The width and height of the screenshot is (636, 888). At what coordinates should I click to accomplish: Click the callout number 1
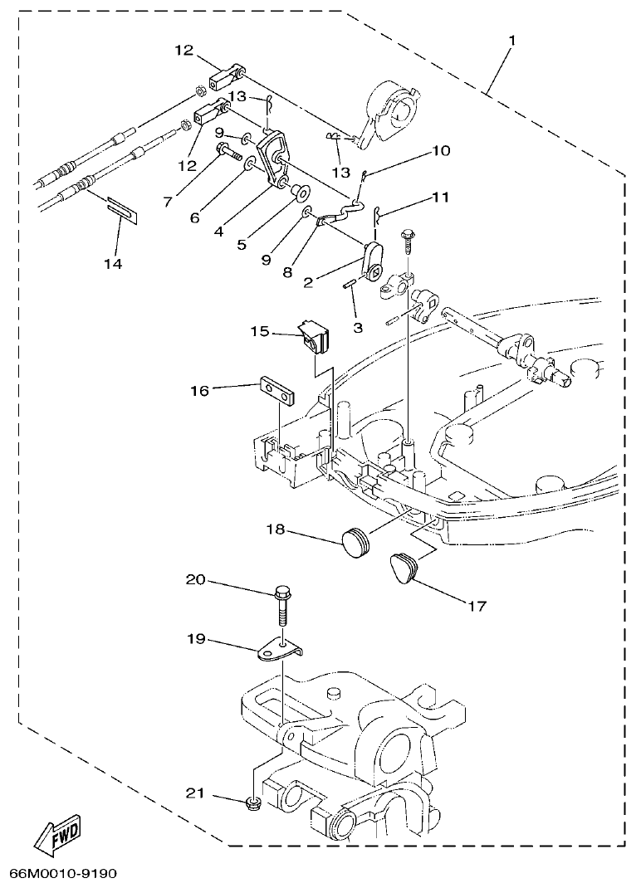pos(511,39)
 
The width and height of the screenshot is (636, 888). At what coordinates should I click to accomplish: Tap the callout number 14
pos(113,264)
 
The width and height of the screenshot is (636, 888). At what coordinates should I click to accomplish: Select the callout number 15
pos(262,331)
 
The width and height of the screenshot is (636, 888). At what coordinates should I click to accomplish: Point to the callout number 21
pos(194,793)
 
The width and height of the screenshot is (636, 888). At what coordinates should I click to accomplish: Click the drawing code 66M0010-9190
pos(63,874)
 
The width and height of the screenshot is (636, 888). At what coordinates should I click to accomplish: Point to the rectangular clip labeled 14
pos(123,207)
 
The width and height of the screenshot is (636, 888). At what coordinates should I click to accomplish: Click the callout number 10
pos(440,151)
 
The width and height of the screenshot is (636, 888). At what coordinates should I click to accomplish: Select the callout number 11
pos(439,199)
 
